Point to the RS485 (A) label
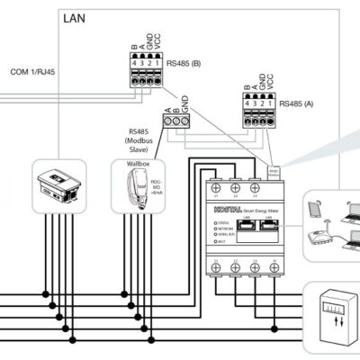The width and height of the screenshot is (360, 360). coord(296,103)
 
